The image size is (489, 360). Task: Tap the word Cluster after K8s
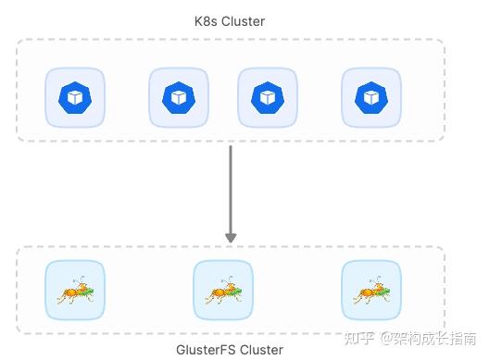pos(244,22)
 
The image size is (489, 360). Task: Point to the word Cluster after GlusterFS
pos(261,350)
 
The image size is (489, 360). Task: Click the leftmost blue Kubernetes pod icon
pos(74,97)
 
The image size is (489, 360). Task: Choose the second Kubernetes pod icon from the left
pos(178,97)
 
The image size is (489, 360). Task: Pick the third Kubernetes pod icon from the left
pos(267,97)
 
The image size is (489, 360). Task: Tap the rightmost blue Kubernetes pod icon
pos(370,97)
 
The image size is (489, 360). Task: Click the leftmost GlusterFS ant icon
pos(74,291)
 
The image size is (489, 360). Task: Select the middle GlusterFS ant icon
pos(222,291)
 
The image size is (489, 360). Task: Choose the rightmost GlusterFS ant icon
pos(370,291)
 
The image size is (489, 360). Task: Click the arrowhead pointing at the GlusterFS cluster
pos(231,238)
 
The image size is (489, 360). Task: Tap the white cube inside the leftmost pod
pos(74,97)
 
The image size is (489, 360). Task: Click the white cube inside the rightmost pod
pos(370,97)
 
